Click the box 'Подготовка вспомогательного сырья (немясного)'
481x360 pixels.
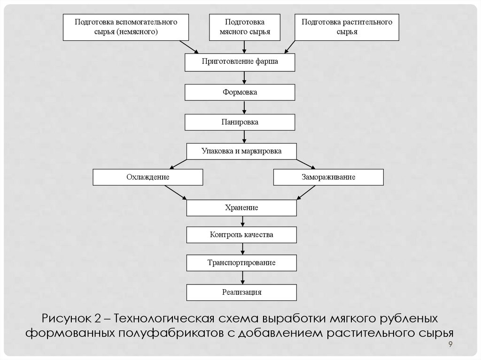tap(125, 27)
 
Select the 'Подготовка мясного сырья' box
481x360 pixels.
tap(244, 27)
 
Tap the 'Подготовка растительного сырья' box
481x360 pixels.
tap(347, 27)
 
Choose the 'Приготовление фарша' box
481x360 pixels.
tap(240, 62)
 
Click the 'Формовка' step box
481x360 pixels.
tap(240, 92)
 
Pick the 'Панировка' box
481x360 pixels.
tap(240, 122)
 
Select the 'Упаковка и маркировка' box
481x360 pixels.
tap(241, 152)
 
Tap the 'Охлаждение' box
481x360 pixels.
tap(148, 177)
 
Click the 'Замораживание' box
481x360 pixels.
tap(328, 177)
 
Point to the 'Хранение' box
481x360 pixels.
tap(241, 207)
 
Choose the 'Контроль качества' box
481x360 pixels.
tap(241, 235)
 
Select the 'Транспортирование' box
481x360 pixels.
tap(241, 263)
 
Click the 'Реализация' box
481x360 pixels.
tap(241, 292)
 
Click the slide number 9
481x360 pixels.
tap(450, 345)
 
